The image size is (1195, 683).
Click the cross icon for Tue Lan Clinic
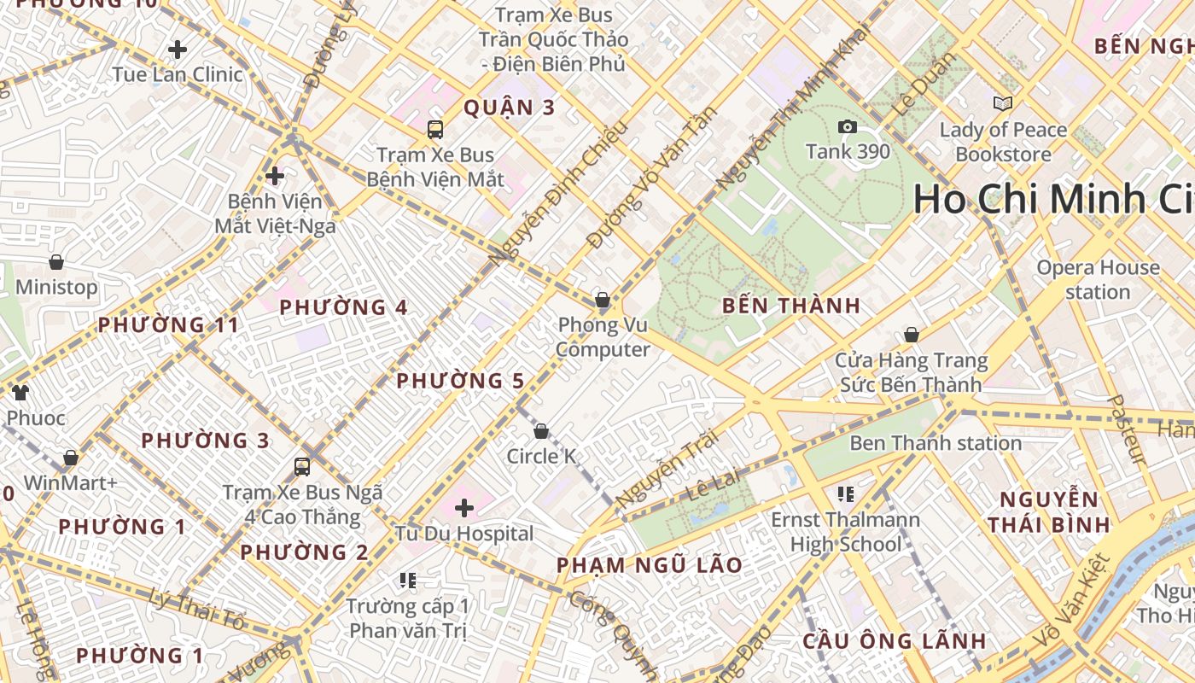point(178,50)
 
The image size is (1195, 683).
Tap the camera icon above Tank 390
point(848,127)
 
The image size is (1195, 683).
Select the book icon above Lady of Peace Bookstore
point(1003,104)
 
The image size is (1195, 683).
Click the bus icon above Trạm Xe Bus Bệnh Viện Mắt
point(435,130)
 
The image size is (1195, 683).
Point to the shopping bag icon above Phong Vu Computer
point(603,300)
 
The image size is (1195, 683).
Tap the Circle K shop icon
point(540,431)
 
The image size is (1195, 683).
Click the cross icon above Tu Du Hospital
point(464,509)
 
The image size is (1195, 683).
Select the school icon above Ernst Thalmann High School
point(846,493)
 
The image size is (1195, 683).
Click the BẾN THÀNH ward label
point(790,306)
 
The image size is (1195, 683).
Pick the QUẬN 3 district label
point(509,108)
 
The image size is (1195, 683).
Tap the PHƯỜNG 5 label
point(459,381)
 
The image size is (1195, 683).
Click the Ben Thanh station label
point(936,443)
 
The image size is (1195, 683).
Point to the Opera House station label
point(1098,279)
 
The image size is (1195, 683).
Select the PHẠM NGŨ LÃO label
point(649,565)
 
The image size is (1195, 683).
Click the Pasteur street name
point(1128,429)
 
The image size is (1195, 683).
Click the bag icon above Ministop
point(56,262)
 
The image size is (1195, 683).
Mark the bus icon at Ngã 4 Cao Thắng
point(302,467)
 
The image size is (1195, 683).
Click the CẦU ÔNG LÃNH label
point(895,641)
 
